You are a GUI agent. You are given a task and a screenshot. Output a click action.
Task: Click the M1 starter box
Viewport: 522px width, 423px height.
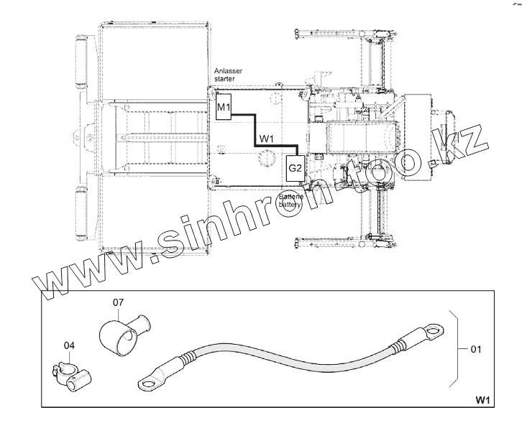[x=223, y=108]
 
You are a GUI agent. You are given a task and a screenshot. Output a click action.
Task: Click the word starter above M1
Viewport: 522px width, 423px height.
[x=224, y=79]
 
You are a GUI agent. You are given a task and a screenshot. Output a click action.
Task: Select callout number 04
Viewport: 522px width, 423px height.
[x=69, y=346]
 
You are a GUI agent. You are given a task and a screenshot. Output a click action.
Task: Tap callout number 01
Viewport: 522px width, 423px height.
[x=475, y=350]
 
